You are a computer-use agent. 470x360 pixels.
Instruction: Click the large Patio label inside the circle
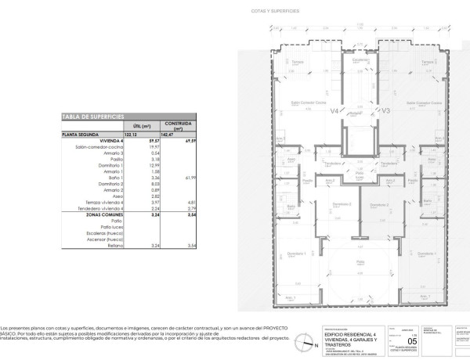360,262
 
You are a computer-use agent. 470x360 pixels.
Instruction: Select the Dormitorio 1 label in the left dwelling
294,253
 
